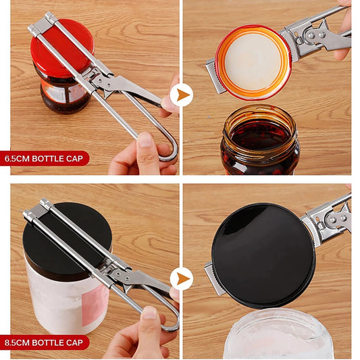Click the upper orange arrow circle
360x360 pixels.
click(181, 95)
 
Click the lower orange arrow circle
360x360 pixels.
click(181, 278)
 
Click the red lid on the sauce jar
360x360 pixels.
click(61, 47)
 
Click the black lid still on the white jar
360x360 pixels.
click(67, 233)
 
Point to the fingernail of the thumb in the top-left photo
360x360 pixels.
click(145, 139)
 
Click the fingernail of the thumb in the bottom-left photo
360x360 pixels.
click(149, 313)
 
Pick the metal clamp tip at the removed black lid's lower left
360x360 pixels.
click(215, 279)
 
